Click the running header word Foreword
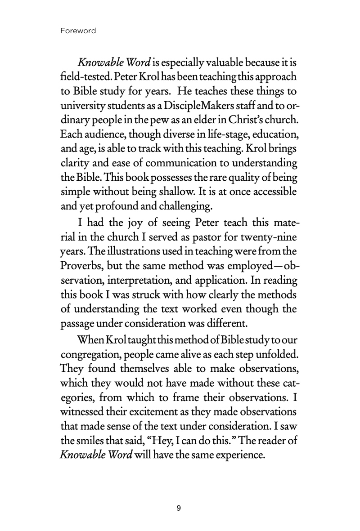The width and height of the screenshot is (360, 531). click(78, 31)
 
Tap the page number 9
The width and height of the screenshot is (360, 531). click(179, 508)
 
